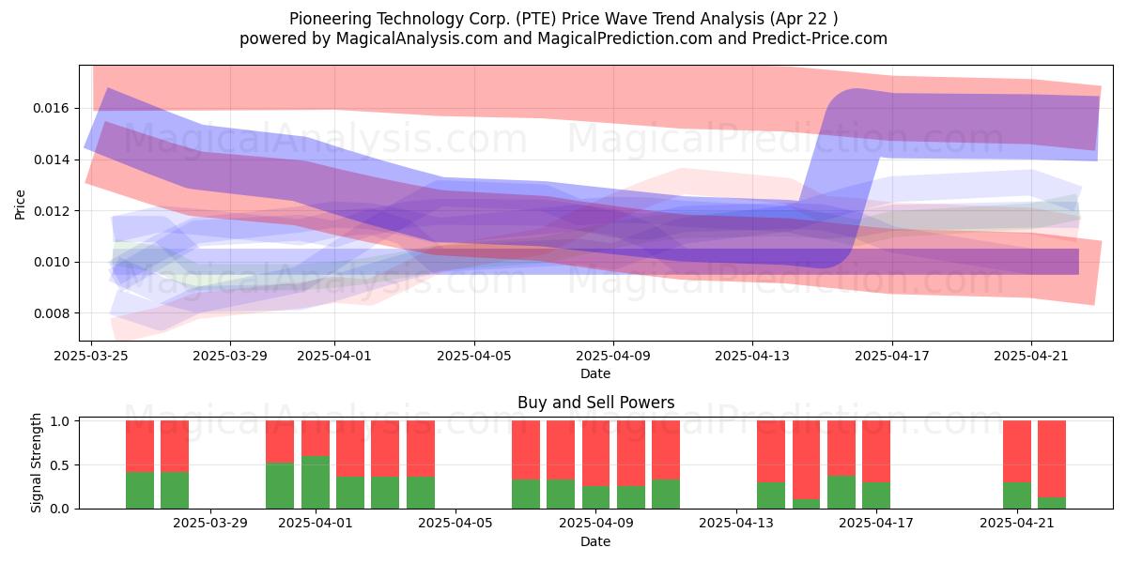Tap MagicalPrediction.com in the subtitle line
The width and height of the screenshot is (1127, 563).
(625, 38)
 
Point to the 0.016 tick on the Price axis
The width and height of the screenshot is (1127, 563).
(51, 109)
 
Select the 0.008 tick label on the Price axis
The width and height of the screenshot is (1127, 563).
(51, 313)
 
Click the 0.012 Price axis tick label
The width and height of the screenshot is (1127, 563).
(51, 211)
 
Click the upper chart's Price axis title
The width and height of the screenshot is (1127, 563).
(20, 205)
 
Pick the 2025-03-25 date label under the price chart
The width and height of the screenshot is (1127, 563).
(91, 356)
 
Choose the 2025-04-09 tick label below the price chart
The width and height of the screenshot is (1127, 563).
(613, 356)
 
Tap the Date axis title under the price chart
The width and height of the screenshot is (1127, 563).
(595, 373)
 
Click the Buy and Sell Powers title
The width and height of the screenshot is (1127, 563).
(595, 403)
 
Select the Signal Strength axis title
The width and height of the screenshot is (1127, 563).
(36, 463)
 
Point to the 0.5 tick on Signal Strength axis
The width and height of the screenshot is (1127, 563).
(60, 465)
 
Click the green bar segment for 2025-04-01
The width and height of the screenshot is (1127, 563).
(316, 482)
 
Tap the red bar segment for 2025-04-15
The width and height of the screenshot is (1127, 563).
(806, 460)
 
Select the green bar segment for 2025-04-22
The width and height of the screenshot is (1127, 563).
(1052, 503)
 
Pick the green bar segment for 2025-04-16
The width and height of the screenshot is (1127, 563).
(841, 492)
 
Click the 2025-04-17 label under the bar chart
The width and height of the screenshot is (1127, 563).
(876, 524)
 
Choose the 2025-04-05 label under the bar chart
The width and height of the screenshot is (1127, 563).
(455, 524)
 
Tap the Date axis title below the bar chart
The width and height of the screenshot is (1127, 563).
(595, 541)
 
